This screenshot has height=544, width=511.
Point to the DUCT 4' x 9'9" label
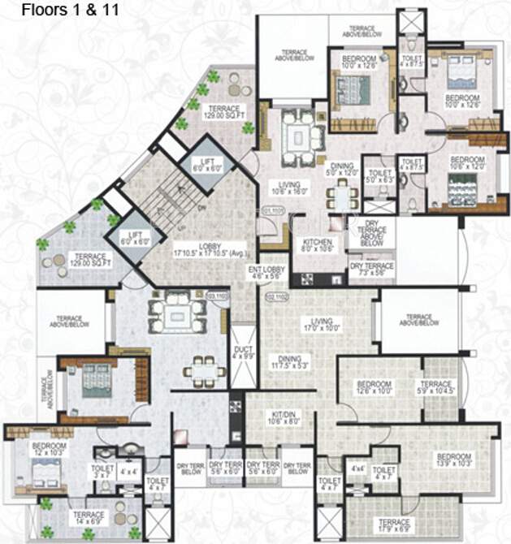coord(242,351)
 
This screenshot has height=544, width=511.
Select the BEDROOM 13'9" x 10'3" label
coord(453,460)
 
